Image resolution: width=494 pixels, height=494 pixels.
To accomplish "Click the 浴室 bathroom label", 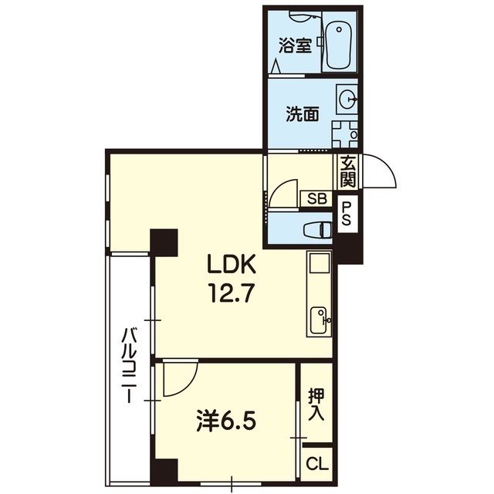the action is coord(295,46).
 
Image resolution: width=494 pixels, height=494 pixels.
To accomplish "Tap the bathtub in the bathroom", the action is coord(339,45).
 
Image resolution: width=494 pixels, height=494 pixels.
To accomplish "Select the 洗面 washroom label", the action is coord(303,114).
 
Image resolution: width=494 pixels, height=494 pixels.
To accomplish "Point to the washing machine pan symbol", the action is coord(345,135).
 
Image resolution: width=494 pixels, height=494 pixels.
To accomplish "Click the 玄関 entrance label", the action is coord(348,171).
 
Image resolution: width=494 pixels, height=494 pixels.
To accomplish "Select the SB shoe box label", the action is coord(317,199).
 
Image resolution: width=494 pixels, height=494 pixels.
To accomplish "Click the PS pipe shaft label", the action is coord(347,214).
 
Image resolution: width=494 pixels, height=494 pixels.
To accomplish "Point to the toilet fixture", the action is coord(317,229).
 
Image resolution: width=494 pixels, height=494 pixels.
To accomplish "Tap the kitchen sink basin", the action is coord(320,320).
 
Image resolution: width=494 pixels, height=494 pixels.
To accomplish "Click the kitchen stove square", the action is coord(320,262).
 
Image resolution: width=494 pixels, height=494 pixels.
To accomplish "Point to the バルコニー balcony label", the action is coord(129,365).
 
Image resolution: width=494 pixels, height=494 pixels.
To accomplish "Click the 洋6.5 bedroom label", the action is coord(225,421).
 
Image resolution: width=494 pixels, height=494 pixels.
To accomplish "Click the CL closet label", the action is coord(317,465).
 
